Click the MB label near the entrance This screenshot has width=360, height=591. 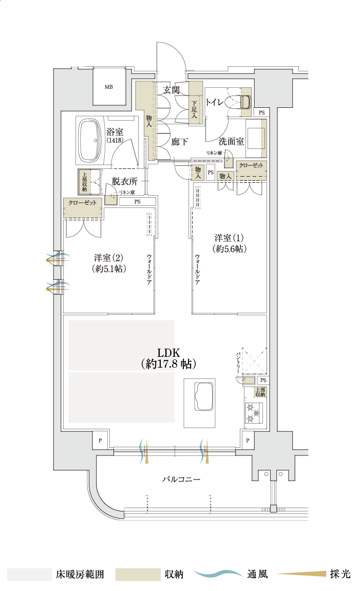tap(108, 87)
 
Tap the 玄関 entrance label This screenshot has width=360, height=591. tap(171, 90)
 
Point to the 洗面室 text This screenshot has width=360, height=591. tap(231, 141)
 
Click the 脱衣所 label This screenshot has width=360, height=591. tap(125, 181)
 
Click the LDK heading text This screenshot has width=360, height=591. tap(168, 353)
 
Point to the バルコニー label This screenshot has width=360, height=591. tap(181, 479)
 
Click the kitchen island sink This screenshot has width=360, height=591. tap(201, 397)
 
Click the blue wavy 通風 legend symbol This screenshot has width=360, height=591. tap(218, 574)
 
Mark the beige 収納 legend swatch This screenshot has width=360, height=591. tap(138, 574)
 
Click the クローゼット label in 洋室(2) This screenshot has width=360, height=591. tap(83, 203)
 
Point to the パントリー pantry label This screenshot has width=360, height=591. tap(238, 361)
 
